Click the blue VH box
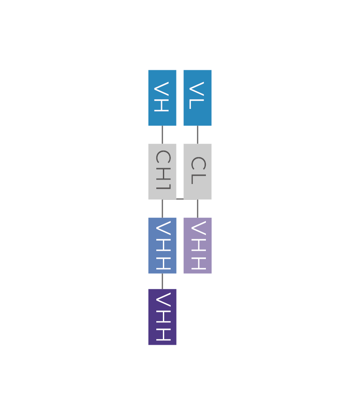pyautogui.click(x=162, y=97)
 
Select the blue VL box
pyautogui.click(x=198, y=97)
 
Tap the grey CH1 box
pyautogui.click(x=162, y=171)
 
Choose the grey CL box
pyautogui.click(x=198, y=171)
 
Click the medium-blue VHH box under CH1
pyautogui.click(x=162, y=245)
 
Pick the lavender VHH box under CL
pyautogui.click(x=198, y=245)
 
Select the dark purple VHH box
pyautogui.click(x=162, y=317)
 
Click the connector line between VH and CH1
pyautogui.click(x=162, y=134)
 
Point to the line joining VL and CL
pyautogui.click(x=198, y=134)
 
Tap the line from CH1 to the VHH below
pyautogui.click(x=162, y=208)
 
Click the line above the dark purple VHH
pyautogui.click(x=162, y=281)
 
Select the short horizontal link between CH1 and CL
pyautogui.click(x=180, y=199)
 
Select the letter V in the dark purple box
pyautogui.click(x=162, y=301)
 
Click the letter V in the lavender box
pyautogui.click(x=198, y=229)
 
